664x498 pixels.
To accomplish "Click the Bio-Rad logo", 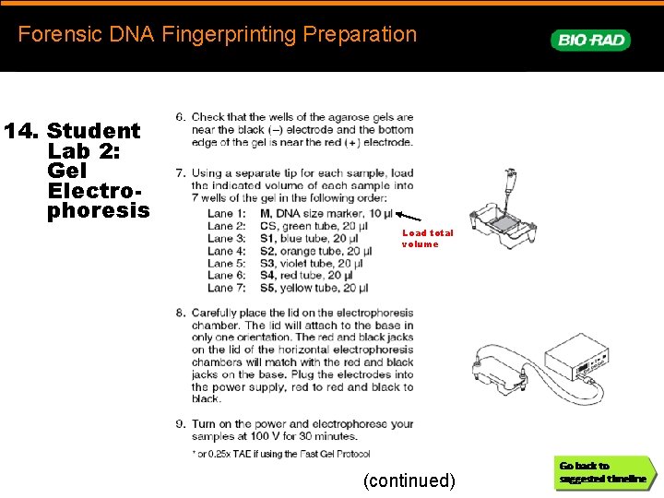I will click(x=590, y=40).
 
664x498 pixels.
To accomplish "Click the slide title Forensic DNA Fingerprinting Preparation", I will click(x=218, y=35).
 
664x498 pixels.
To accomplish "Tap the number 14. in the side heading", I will click(x=22, y=131).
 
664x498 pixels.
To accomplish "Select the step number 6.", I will click(x=181, y=118).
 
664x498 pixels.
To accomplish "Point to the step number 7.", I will click(x=181, y=173).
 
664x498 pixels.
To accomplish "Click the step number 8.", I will click(x=181, y=313).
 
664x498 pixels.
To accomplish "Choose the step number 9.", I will click(x=181, y=424).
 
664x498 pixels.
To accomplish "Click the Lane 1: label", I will click(x=227, y=214).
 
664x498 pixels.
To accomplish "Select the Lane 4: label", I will click(x=227, y=251).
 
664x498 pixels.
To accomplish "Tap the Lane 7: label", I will click(x=227, y=288).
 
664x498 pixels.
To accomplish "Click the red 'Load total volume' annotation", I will click(x=427, y=238).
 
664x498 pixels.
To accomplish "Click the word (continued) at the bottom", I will click(x=409, y=480).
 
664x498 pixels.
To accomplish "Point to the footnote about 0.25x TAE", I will click(x=280, y=454).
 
